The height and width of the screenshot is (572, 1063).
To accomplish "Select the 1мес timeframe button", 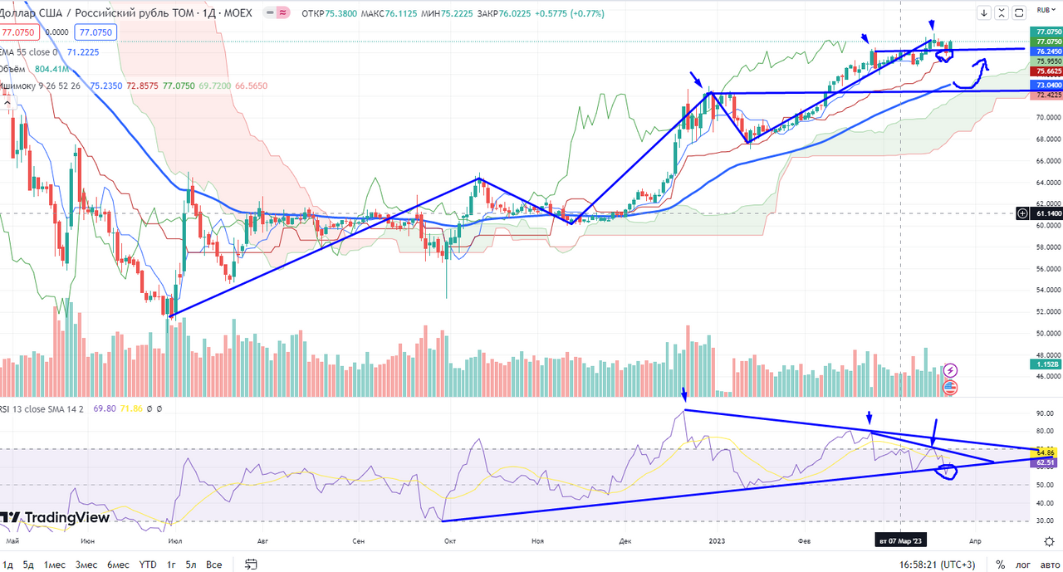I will tap(55, 565).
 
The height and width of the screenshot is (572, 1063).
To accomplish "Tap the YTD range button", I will tap(147, 565).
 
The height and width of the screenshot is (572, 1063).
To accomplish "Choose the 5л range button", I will tap(191, 565).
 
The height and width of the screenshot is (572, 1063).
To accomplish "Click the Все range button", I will tap(214, 565).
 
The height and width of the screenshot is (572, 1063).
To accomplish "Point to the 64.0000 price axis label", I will tap(1045, 182).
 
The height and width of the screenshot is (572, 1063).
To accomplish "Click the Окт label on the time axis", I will tap(450, 540).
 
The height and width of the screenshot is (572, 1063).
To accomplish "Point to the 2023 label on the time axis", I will tap(718, 540).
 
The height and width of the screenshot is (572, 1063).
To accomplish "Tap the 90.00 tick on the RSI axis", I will tap(1044, 413).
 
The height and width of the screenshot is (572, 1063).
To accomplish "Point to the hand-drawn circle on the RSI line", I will tap(946, 472).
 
